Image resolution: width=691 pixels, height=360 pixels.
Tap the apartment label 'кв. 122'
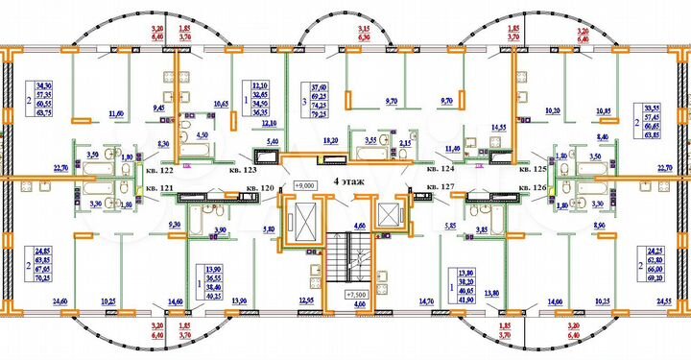(x=155, y=171)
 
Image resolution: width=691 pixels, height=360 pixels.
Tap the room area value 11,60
(x=117, y=114)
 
